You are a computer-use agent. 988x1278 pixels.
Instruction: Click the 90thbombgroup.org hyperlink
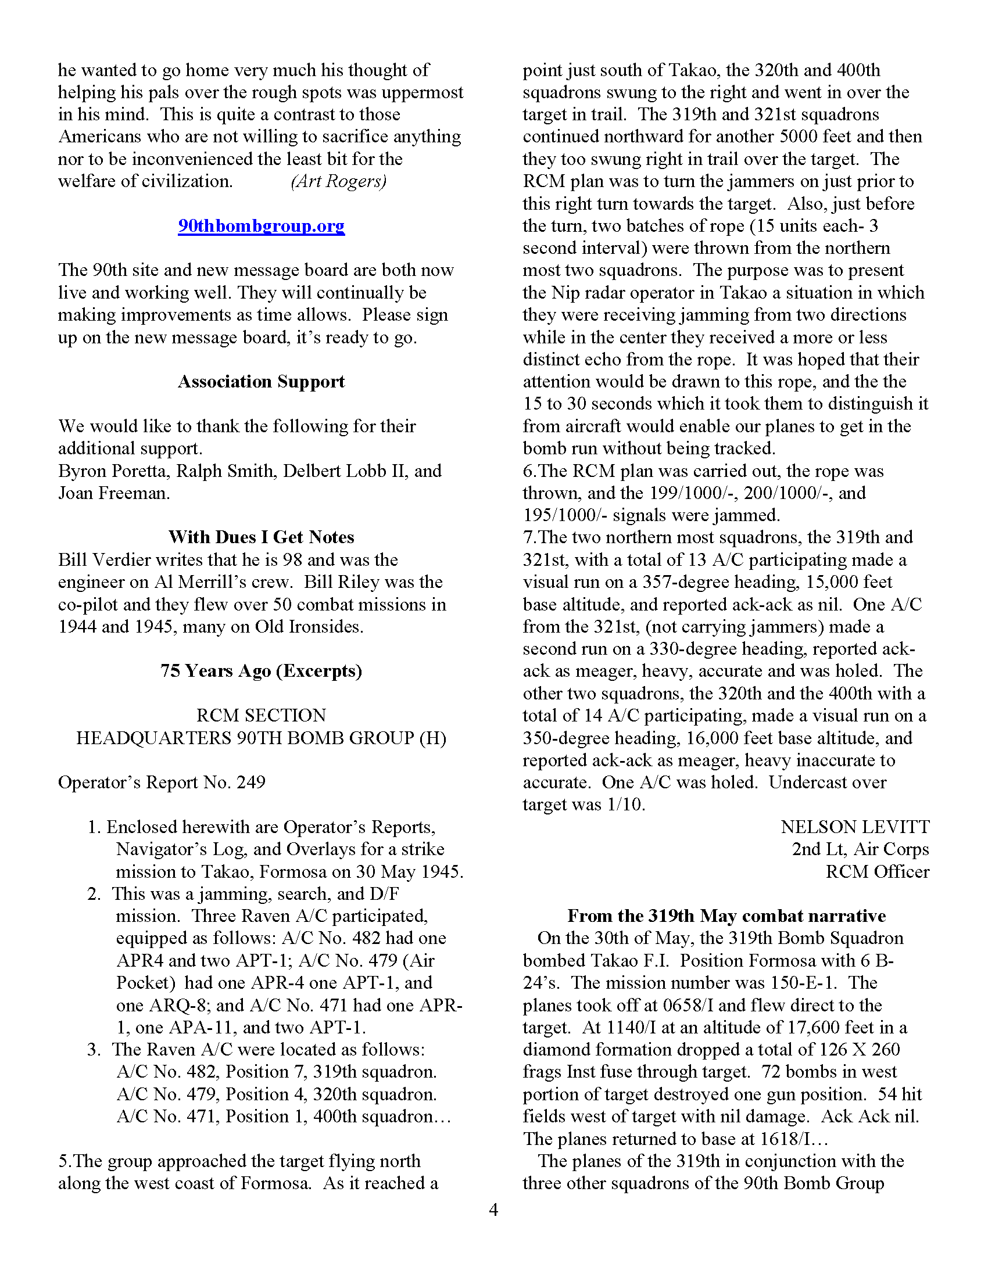(261, 226)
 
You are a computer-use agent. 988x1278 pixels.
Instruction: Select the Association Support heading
(261, 382)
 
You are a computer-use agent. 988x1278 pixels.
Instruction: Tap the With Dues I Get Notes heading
(261, 537)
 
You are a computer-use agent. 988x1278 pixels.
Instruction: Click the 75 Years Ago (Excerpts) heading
(261, 670)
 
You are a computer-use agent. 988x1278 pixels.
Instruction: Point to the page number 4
(493, 1209)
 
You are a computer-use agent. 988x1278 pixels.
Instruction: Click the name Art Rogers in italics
(338, 181)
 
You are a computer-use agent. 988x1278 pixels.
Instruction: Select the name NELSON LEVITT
(854, 827)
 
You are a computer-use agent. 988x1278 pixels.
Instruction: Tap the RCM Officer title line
(877, 871)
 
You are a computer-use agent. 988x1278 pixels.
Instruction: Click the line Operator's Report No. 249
(162, 782)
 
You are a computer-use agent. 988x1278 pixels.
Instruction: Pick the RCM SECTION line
(261, 715)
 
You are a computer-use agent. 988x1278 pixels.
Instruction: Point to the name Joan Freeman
(113, 493)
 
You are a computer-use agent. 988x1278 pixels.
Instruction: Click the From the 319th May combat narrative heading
(726, 916)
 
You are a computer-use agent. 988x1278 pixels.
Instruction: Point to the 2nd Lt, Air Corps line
(860, 849)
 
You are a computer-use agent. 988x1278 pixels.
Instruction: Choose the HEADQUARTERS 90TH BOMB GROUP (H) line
(261, 738)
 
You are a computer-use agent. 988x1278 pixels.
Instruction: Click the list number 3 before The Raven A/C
(94, 1049)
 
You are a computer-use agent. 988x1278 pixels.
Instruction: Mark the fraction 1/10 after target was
(625, 805)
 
